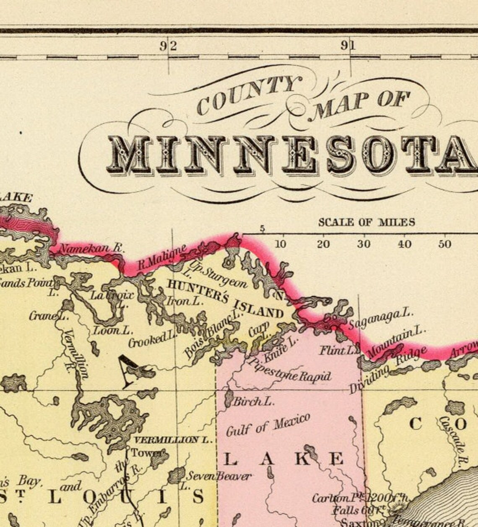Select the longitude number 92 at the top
[168, 46]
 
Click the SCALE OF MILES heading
[366, 222]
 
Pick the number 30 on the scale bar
[364, 244]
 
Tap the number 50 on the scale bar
[444, 244]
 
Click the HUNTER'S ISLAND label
[225, 298]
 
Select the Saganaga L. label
[381, 319]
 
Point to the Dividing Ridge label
[387, 370]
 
